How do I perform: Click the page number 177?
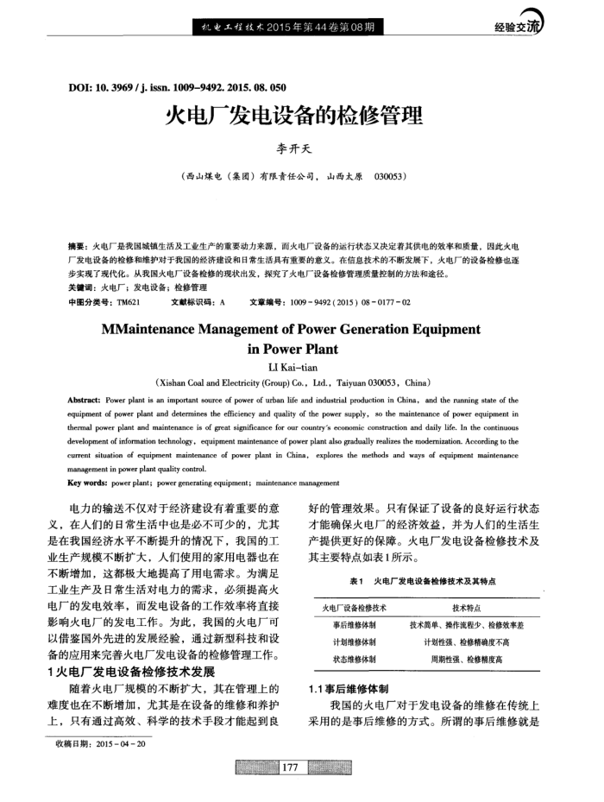(289, 767)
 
